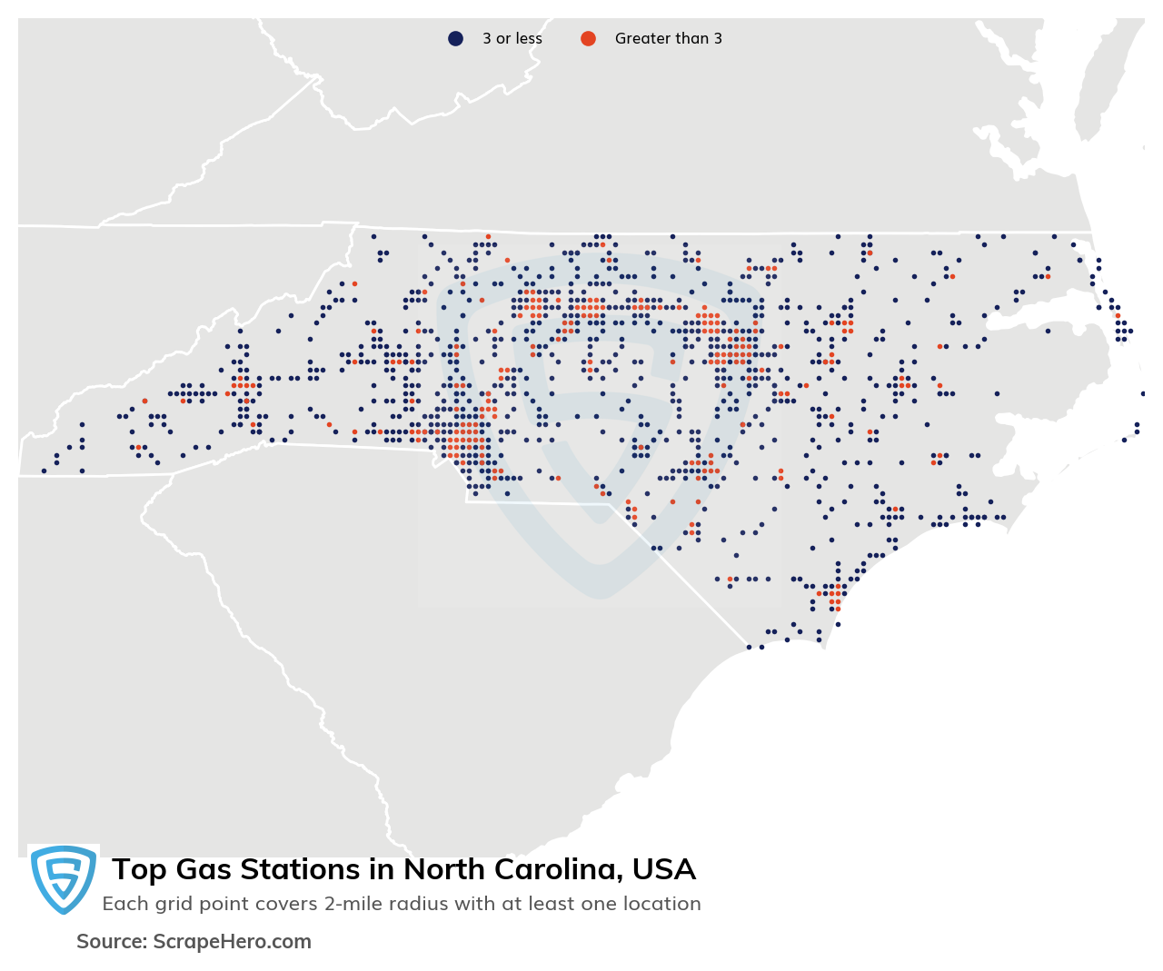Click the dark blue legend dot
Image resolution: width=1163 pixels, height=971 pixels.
tap(455, 38)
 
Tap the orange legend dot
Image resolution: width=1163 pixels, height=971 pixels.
tap(588, 38)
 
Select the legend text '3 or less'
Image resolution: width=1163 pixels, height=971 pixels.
tap(512, 38)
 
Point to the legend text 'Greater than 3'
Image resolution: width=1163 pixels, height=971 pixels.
tap(668, 38)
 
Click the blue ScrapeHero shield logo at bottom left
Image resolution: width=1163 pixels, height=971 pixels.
tap(63, 878)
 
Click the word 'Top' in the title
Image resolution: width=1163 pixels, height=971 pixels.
tap(139, 870)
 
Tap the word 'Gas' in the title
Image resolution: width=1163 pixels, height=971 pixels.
tap(203, 870)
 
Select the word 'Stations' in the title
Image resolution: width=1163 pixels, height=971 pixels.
tap(300, 870)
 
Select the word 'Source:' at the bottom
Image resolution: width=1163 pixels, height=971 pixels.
tap(111, 942)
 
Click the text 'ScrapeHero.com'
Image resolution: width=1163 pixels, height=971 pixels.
tap(232, 942)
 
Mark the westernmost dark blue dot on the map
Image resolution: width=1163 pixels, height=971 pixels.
tap(44, 471)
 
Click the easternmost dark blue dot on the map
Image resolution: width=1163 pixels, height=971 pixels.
tap(1143, 393)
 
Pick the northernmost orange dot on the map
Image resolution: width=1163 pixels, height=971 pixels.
tap(488, 236)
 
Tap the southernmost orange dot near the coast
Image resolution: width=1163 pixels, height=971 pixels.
tap(832, 608)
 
